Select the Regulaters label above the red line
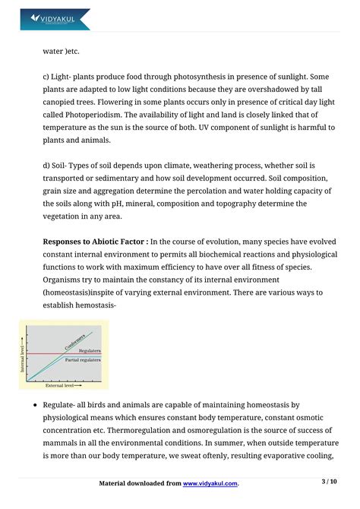tap(90, 350)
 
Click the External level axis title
tap(62, 385)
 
